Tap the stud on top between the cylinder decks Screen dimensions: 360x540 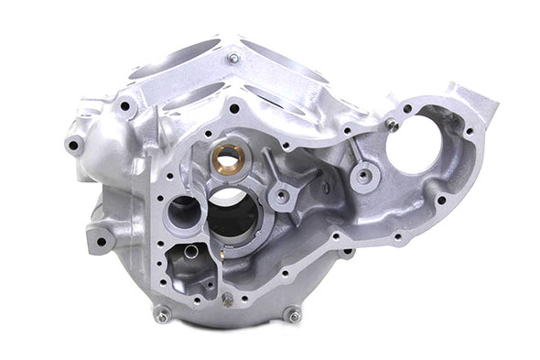coord(233,59)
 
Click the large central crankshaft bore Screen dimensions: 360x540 coord(232,213)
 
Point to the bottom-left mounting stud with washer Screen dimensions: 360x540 coord(163,316)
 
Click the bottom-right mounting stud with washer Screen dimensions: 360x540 coord(293,316)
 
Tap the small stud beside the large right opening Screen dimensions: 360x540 coord(393,125)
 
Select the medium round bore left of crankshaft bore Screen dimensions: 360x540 coord(183,212)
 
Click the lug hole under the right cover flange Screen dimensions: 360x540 coord(349,251)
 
